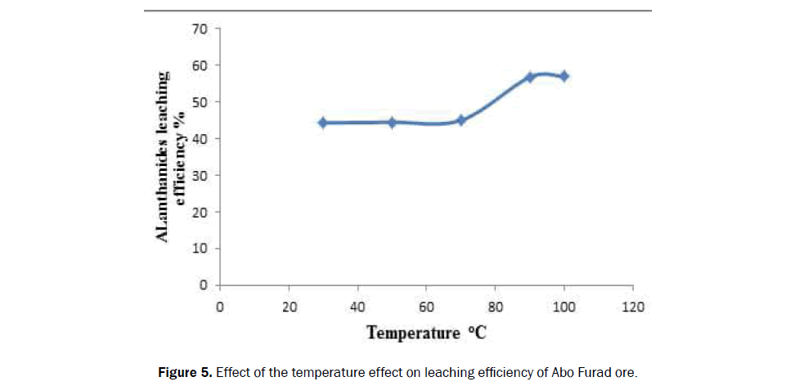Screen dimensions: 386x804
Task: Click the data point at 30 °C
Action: [323, 123]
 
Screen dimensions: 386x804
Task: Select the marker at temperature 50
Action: [392, 123]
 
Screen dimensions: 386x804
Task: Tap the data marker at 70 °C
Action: [461, 120]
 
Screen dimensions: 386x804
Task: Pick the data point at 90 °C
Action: [530, 77]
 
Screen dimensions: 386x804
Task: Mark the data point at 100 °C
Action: [564, 76]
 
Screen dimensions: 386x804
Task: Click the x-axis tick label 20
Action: [289, 307]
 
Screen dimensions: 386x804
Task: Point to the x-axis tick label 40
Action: [357, 307]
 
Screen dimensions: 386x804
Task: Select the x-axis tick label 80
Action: [496, 307]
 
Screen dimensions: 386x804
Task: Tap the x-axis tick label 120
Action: [633, 307]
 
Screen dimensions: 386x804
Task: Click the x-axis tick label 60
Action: [426, 307]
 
